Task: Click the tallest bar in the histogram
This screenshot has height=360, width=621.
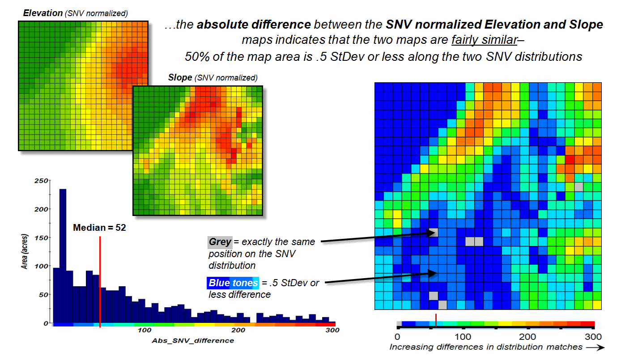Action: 63,255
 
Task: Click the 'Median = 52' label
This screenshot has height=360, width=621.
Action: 99,228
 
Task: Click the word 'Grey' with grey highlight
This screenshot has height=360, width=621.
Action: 220,242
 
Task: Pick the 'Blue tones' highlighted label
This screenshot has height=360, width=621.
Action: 233,283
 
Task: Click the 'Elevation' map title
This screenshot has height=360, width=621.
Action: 43,13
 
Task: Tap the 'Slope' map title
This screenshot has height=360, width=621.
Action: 179,77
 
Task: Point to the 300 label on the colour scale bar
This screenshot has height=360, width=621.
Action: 593,336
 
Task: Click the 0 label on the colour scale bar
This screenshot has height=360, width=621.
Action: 397,336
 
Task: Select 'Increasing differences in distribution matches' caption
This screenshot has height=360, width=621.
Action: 486,347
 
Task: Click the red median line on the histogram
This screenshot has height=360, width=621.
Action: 100,282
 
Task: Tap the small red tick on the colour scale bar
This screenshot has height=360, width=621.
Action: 436,321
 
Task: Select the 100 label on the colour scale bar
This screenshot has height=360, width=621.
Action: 463,336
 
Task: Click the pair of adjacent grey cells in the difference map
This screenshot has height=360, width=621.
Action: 474,241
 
